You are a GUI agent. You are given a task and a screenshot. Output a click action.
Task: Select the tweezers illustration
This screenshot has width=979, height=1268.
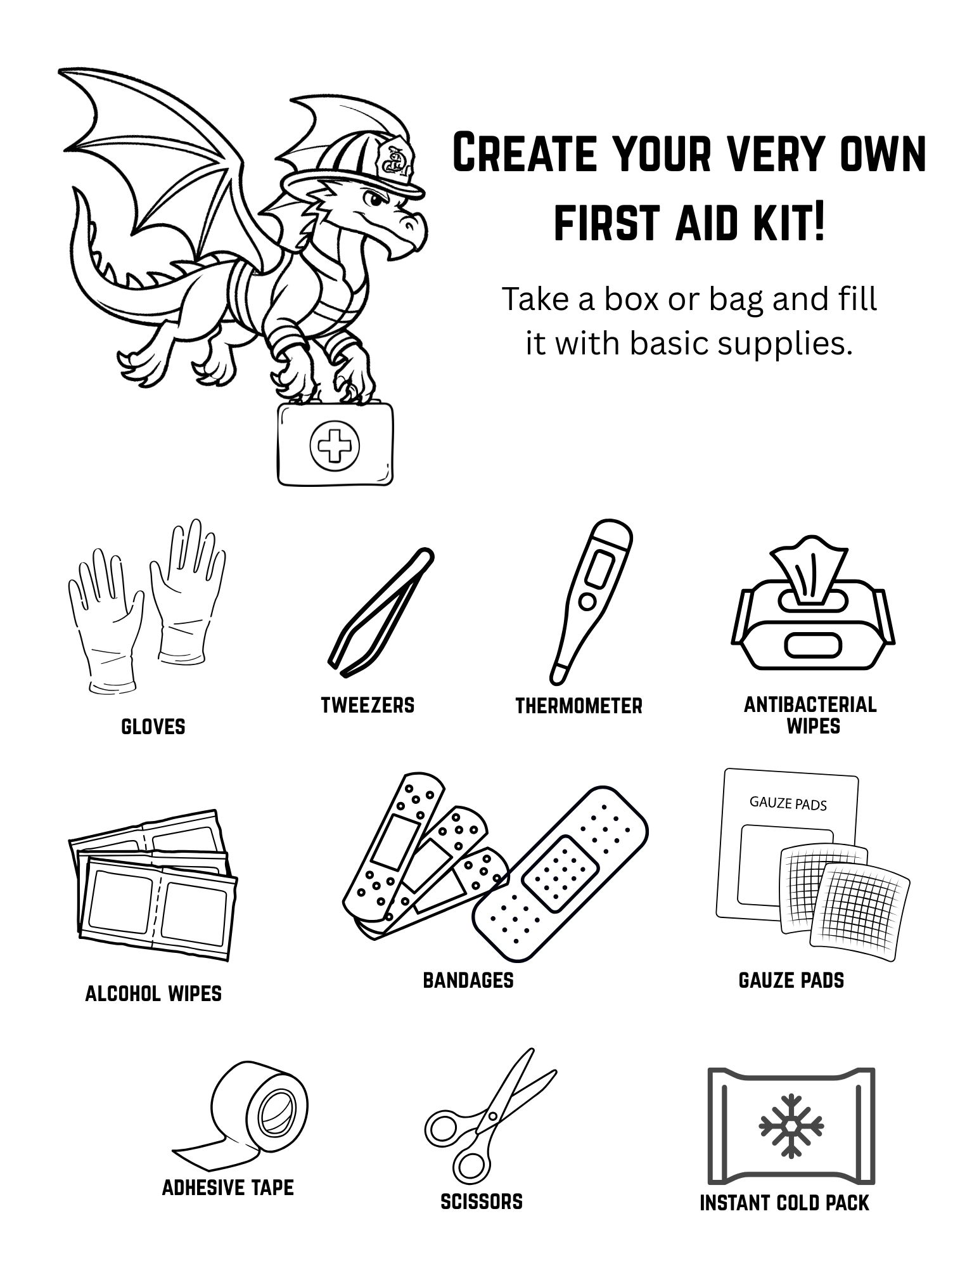(x=381, y=612)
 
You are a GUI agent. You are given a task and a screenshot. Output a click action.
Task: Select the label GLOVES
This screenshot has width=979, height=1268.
(x=153, y=727)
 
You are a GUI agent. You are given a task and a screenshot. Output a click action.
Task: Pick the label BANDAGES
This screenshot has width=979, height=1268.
(x=468, y=980)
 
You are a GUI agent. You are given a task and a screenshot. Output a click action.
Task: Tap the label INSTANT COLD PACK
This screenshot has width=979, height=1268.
(x=784, y=1203)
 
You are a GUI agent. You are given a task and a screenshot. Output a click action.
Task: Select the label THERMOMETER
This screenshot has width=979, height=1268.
(x=579, y=706)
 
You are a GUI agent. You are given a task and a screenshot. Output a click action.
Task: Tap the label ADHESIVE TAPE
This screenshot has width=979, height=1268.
(x=228, y=1187)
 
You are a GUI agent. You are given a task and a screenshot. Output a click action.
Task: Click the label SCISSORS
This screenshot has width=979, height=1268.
(x=482, y=1201)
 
